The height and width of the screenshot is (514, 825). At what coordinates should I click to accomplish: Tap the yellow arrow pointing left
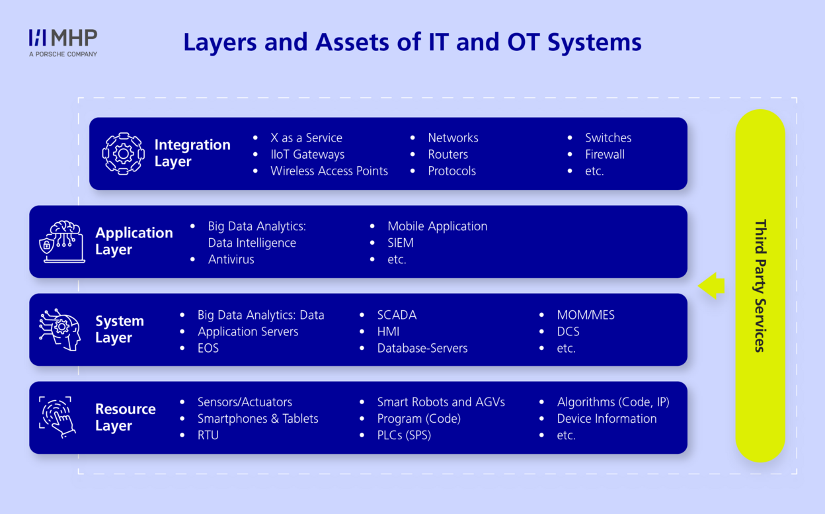point(711,286)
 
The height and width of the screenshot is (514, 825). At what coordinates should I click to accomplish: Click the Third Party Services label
point(760,286)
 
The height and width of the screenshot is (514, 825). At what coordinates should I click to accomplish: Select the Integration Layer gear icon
point(123,153)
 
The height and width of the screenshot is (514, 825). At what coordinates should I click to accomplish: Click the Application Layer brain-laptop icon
point(62,241)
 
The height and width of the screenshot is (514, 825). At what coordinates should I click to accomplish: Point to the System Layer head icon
point(59,330)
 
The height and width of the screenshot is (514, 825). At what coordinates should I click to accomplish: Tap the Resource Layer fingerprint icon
point(58,417)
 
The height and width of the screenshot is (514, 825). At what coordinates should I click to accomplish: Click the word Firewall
point(605,154)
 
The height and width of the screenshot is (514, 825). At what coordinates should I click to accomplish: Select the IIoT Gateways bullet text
point(307,154)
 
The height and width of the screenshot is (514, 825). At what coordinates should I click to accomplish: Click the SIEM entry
point(401,243)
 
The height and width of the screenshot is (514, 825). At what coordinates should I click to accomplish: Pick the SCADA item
point(397,315)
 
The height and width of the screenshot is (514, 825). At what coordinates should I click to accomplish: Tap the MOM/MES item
point(586,315)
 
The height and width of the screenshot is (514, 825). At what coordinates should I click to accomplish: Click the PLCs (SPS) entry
point(404,435)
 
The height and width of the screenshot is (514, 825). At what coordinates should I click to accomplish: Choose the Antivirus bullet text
point(231,259)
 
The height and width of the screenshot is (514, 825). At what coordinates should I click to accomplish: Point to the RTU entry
point(208,435)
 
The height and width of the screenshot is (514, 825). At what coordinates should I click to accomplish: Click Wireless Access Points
point(329,171)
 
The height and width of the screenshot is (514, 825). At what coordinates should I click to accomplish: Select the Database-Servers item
point(422,348)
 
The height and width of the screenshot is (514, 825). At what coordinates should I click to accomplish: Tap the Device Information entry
point(607,419)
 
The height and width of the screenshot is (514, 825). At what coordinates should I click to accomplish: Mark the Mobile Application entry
point(437,226)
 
